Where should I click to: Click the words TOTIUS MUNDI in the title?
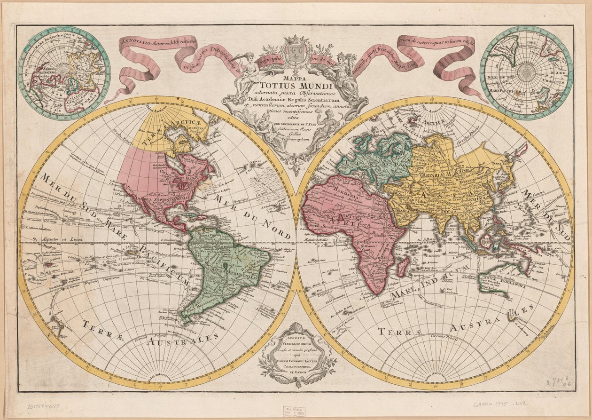pyautogui.click(x=296, y=86)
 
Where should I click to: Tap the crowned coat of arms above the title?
pyautogui.click(x=295, y=50)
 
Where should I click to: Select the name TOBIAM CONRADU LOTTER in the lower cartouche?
pyautogui.click(x=298, y=360)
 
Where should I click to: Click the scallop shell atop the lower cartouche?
pyautogui.click(x=297, y=326)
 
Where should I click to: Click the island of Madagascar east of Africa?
pyautogui.click(x=401, y=269)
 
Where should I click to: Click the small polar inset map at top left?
pyautogui.click(x=64, y=72)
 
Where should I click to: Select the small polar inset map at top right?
pyautogui.click(x=526, y=72)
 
